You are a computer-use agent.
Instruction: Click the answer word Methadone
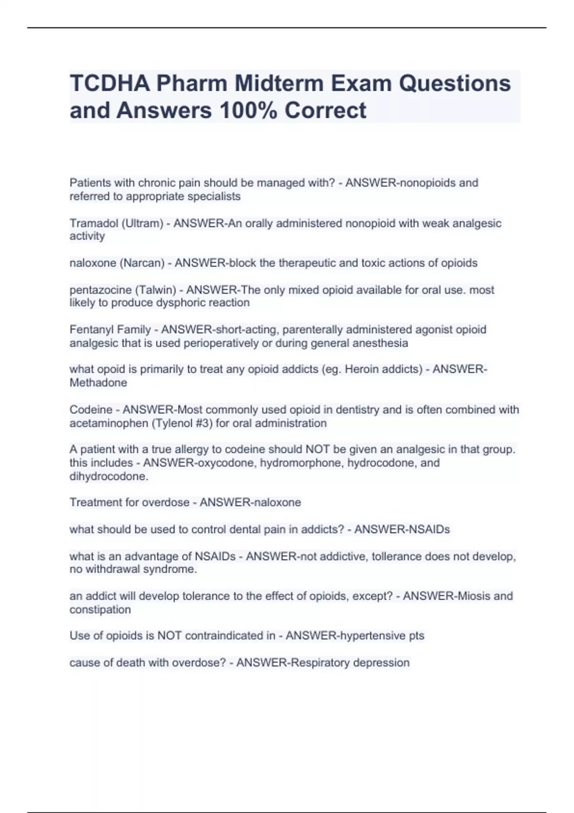pyautogui.click(x=98, y=383)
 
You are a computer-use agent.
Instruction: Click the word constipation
pyautogui.click(x=100, y=610)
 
